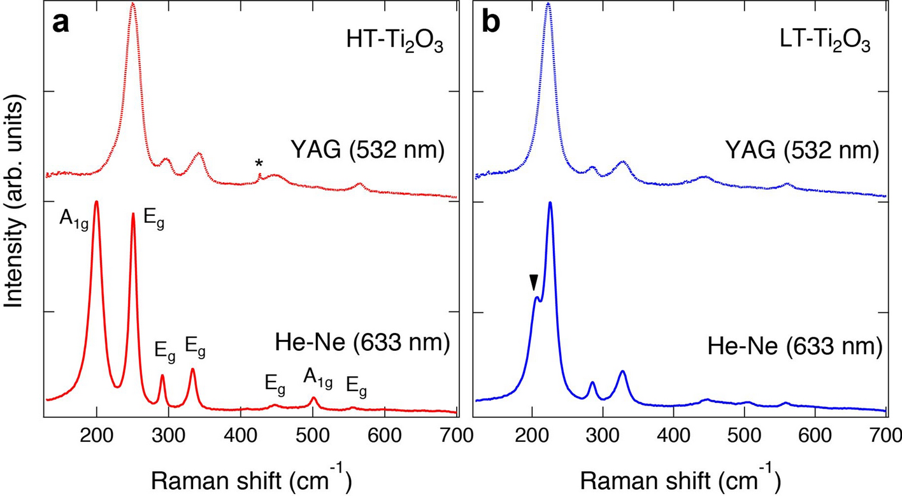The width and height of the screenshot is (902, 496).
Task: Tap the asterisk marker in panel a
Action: [259, 164]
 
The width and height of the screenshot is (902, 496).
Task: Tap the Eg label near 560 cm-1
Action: [356, 385]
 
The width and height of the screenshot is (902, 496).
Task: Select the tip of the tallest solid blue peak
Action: [550, 202]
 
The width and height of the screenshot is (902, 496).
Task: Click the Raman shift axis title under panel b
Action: [679, 476]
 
